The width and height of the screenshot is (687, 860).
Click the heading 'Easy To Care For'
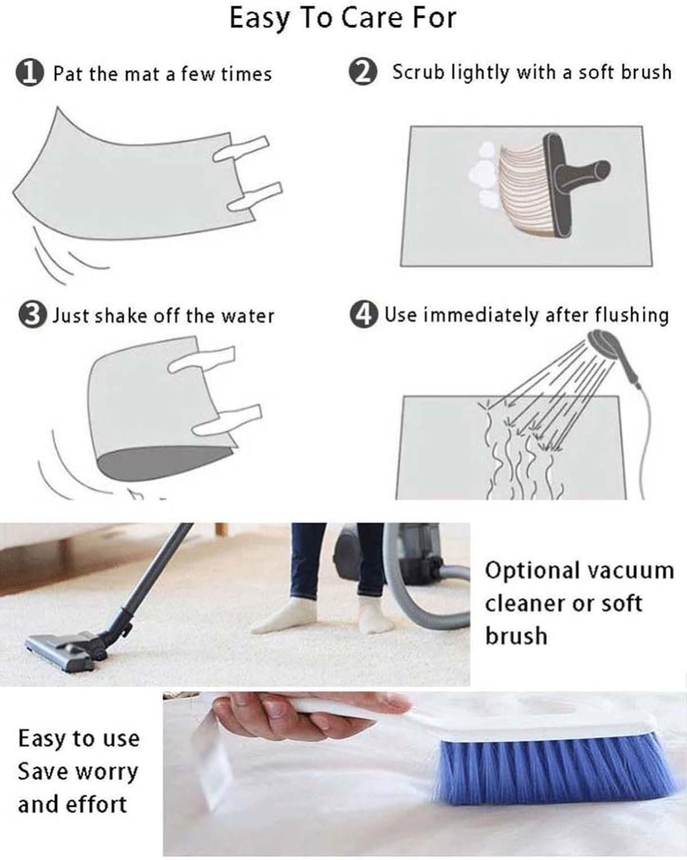343,18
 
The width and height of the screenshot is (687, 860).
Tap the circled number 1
30,73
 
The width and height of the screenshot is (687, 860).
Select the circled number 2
363,72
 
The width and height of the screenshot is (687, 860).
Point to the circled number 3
32,315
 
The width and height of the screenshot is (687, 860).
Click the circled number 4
364,315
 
